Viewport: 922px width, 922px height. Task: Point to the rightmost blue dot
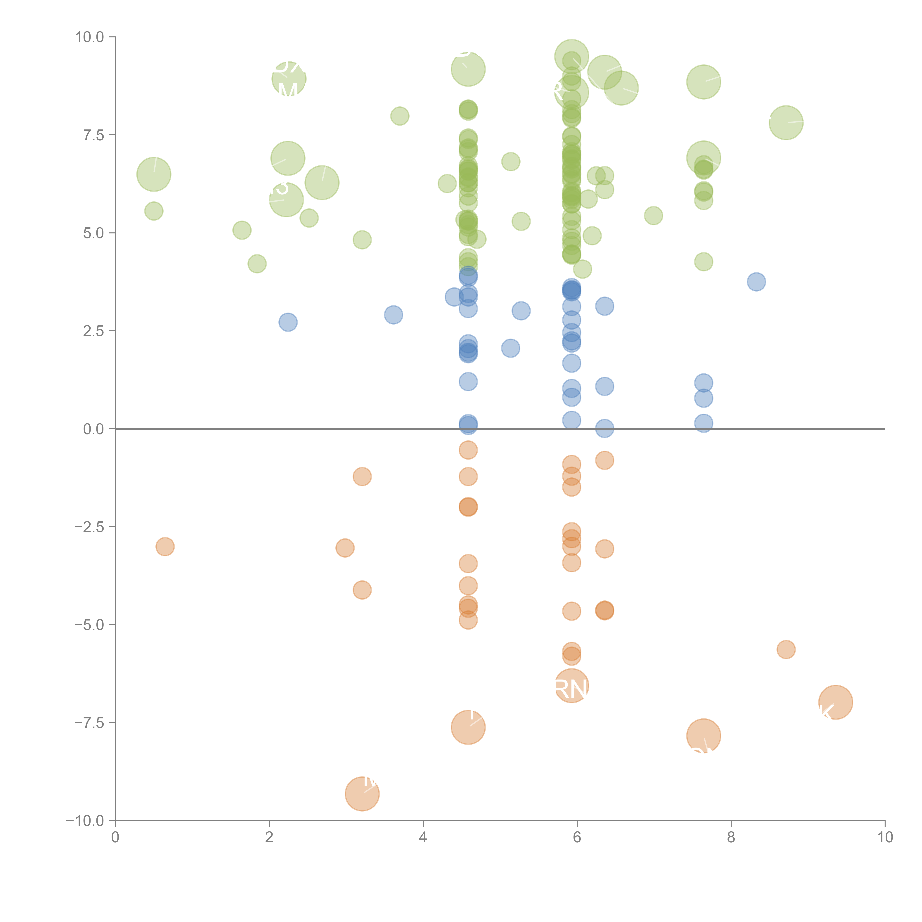[x=756, y=282]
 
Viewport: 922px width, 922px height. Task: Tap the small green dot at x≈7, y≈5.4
[x=653, y=216]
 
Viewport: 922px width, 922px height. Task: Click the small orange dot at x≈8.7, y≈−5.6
[x=786, y=649]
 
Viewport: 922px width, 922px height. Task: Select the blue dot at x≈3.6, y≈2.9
[x=393, y=314]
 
